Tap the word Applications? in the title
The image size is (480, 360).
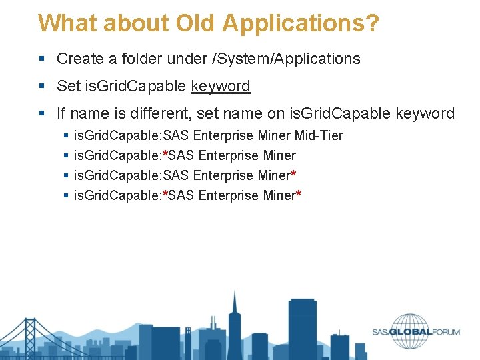point(301,24)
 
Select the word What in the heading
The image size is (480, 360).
point(62,23)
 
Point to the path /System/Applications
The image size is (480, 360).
point(285,59)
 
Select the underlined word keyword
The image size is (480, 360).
point(220,86)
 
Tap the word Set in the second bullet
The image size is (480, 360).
point(68,86)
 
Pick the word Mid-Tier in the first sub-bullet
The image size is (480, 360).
point(319,135)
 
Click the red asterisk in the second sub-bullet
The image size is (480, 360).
point(165,155)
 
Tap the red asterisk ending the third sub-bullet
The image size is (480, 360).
point(293,175)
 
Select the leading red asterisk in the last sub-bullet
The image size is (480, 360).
point(165,195)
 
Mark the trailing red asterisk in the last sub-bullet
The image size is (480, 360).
point(299,195)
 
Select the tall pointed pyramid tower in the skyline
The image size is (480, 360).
point(234,320)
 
